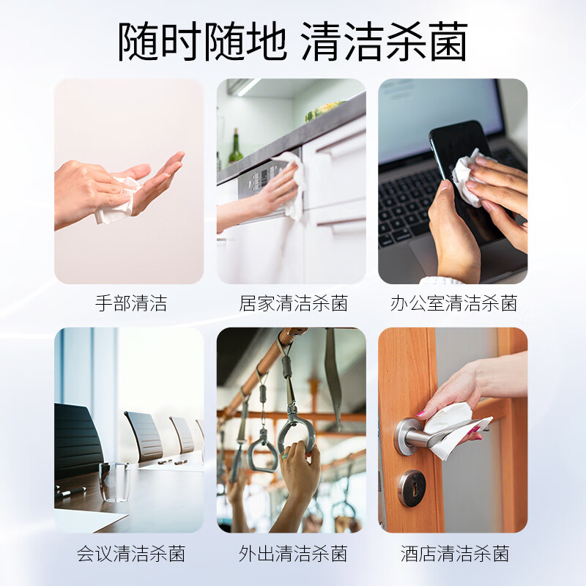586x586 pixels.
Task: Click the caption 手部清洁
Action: tap(131, 303)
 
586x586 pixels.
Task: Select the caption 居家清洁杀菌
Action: tap(294, 303)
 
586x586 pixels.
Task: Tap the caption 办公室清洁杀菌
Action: tap(453, 303)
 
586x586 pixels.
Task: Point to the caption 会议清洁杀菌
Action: tap(131, 554)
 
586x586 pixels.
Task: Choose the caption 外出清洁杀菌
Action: tap(294, 554)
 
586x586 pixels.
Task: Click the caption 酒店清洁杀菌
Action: tap(455, 554)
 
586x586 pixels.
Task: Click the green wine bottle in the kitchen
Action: tap(235, 147)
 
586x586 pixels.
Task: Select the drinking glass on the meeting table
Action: tap(114, 482)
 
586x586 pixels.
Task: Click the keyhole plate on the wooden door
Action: tap(412, 488)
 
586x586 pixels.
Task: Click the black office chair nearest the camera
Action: tap(78, 441)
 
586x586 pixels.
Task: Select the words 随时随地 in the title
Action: tap(202, 41)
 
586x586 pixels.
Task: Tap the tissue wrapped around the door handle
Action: tap(454, 430)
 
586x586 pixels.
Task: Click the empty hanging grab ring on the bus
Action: tap(262, 450)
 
